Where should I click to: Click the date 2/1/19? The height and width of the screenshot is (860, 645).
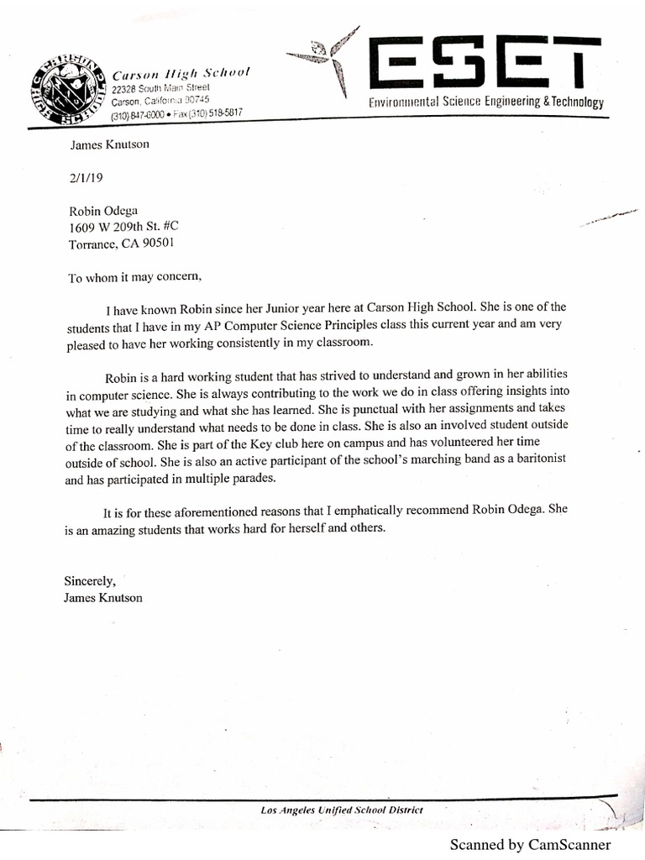(83, 178)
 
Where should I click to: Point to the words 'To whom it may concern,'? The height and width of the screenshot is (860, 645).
(135, 276)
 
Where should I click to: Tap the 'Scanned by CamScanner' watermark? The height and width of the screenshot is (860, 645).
(530, 845)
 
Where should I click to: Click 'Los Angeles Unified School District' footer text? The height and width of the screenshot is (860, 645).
(342, 810)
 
